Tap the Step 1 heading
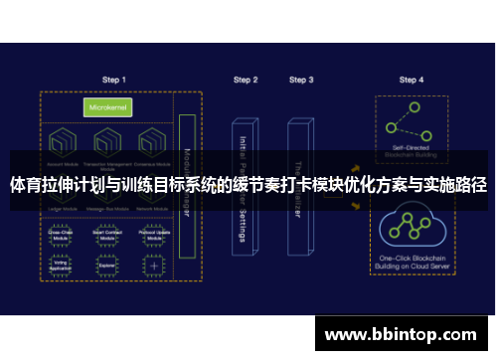tap(114, 80)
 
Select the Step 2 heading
tap(246, 80)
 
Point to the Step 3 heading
tap(301, 80)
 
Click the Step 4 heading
tap(412, 80)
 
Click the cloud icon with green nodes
tap(411, 227)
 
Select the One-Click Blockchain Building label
tap(411, 263)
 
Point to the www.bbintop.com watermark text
tap(403, 333)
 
